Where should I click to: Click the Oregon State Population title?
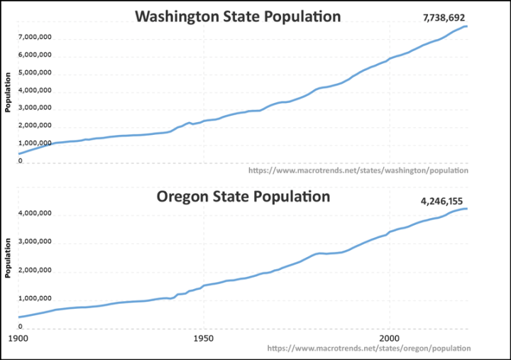click(x=243, y=196)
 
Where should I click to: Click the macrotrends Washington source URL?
click(x=358, y=170)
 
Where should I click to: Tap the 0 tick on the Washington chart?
click(x=21, y=161)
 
